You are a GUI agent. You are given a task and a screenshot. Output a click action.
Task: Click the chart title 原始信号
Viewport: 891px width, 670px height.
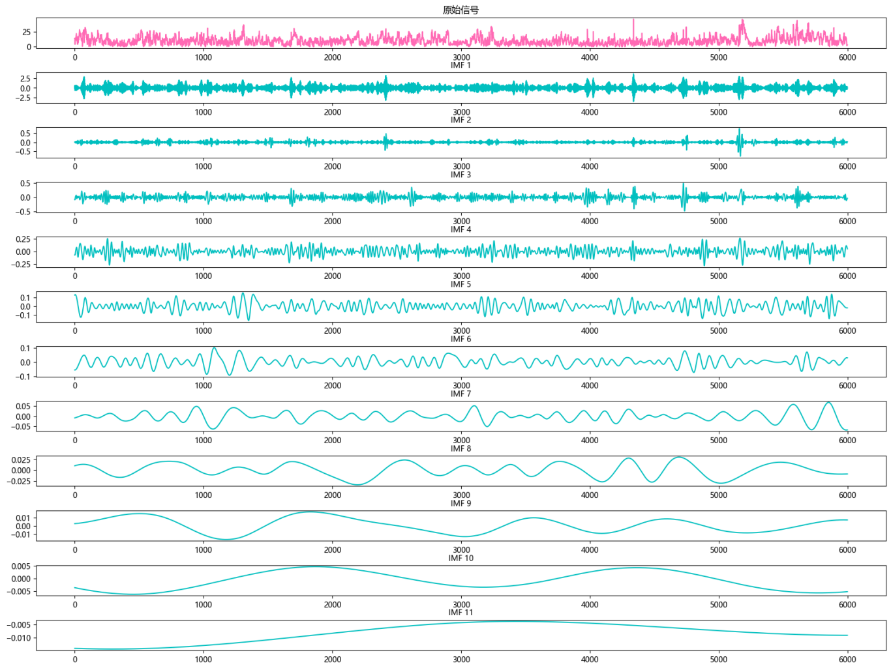pyautogui.click(x=461, y=10)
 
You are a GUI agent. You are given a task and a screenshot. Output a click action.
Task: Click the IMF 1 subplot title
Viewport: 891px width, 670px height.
pyautogui.click(x=461, y=65)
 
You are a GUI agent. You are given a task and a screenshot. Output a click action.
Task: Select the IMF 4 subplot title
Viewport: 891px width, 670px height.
pyautogui.click(x=461, y=229)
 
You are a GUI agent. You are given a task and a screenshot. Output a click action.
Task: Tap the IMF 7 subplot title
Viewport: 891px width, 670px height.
pyautogui.click(x=461, y=394)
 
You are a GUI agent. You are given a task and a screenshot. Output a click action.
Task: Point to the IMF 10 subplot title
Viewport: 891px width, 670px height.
pyautogui.click(x=461, y=558)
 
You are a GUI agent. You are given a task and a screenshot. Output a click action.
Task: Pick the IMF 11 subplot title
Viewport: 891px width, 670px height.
pyautogui.click(x=461, y=612)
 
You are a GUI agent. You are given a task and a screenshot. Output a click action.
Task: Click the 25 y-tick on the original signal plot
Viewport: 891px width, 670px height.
pyautogui.click(x=26, y=32)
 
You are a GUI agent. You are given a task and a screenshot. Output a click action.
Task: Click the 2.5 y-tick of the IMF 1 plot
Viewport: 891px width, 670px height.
pyautogui.click(x=25, y=78)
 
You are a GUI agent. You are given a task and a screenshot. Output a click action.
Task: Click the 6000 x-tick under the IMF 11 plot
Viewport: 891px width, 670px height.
pyautogui.click(x=847, y=660)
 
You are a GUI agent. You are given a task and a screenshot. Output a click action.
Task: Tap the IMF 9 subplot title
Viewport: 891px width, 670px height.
pyautogui.click(x=461, y=503)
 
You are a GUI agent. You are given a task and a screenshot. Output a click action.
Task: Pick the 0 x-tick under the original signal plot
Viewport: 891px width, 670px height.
pyautogui.click(x=75, y=57)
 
